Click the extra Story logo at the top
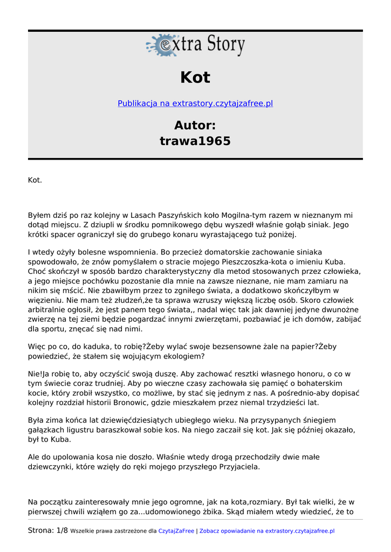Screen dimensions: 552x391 pyautogui.click(x=195, y=45)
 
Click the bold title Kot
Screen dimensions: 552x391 pyautogui.click(x=195, y=78)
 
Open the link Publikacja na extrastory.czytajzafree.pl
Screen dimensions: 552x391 pyautogui.click(x=195, y=103)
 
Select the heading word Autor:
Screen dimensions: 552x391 pyautogui.click(x=195, y=126)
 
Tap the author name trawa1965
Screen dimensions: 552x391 pyautogui.click(x=195, y=141)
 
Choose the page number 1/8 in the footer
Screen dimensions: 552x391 pyautogui.click(x=62, y=531)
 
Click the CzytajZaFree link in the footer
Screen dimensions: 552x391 pyautogui.click(x=176, y=531)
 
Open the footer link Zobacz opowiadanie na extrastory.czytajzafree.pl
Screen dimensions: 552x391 pyautogui.click(x=267, y=531)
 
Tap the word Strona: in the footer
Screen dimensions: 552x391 pyautogui.click(x=41, y=531)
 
